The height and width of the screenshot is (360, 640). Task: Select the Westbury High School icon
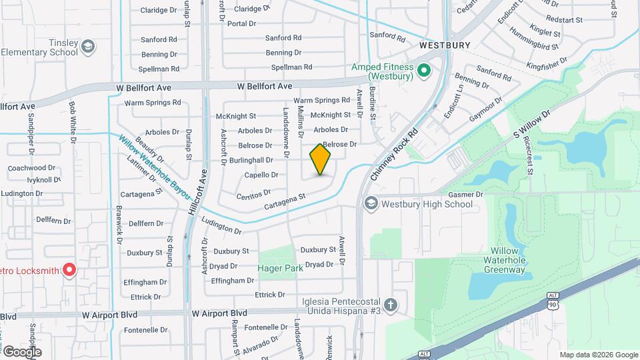(x=371, y=204)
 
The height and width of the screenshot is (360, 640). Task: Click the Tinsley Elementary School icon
(x=87, y=47)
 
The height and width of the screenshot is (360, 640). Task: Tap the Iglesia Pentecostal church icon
(x=391, y=306)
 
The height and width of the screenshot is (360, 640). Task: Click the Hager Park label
(x=281, y=268)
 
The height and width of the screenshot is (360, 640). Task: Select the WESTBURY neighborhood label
(x=441, y=45)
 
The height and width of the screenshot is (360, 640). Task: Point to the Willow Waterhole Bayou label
(x=155, y=169)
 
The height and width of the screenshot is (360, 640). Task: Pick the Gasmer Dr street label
(x=471, y=194)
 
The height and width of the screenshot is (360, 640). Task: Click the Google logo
(x=22, y=351)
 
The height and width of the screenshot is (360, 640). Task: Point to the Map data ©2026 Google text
(x=598, y=355)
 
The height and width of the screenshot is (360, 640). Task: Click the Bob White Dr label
(x=71, y=123)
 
